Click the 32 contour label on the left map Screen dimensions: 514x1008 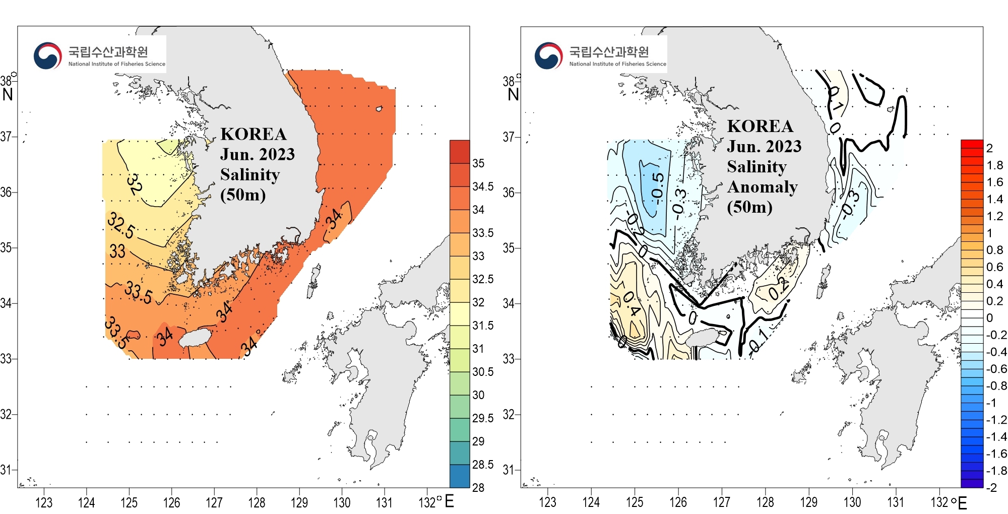(134, 184)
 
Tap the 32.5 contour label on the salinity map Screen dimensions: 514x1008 (121, 225)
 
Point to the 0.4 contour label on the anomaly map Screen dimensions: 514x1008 (631, 303)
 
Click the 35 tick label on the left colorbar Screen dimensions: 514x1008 (478, 163)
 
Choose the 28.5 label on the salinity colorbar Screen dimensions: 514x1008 (483, 465)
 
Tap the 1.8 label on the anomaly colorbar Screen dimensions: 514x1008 (995, 165)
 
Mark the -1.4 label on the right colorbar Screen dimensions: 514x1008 (996, 437)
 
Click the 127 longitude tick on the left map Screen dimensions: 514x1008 (214, 502)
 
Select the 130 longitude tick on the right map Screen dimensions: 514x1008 (852, 502)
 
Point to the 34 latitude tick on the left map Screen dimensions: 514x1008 (6, 303)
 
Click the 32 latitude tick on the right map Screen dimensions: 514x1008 (509, 415)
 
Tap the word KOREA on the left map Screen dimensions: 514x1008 (254, 134)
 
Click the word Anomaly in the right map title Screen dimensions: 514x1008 (762, 187)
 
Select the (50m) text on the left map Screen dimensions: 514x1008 (243, 195)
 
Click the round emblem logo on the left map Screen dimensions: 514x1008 (48, 55)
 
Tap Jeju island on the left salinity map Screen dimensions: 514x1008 (197, 338)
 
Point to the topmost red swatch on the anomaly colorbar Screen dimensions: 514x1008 (972, 144)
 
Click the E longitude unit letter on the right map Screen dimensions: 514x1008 (962, 503)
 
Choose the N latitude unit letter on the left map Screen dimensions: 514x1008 (8, 94)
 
